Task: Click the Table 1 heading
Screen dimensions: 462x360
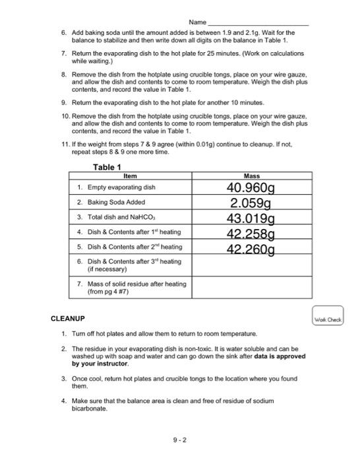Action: coord(109,167)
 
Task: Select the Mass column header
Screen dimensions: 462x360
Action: coord(251,176)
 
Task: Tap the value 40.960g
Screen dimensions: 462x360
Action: coord(251,188)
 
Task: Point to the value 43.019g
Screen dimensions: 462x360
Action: coord(251,218)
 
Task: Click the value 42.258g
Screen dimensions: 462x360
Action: coord(251,233)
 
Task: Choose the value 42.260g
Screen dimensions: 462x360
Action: coord(251,248)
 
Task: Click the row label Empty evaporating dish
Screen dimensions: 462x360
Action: coord(121,187)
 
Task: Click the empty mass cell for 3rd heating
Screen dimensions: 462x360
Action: coord(251,265)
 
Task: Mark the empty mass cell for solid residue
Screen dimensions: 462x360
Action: coord(251,288)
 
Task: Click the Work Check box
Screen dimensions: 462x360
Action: coord(328,318)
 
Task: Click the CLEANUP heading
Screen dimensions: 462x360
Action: coord(68,319)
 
